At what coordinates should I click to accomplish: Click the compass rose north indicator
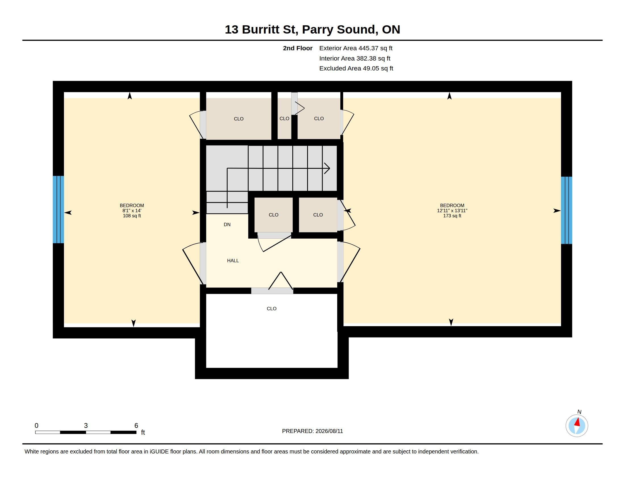coord(577,426)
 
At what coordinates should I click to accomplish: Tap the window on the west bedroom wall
coord(58,209)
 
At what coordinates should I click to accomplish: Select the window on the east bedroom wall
coord(566,210)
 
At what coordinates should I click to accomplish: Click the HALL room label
coord(233,261)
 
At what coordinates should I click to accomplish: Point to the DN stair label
coord(227,225)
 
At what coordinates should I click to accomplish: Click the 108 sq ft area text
coord(132,216)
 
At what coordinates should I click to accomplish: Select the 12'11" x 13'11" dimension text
coord(452,211)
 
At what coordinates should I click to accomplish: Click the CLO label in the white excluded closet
coord(272,309)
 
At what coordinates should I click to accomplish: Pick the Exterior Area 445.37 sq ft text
coord(356,48)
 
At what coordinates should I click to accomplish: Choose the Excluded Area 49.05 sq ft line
coord(356,68)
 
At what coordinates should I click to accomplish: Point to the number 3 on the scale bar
coord(86,426)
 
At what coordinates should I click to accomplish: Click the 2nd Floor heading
coord(298,48)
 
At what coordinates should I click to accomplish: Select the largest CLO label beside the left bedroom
coord(239,119)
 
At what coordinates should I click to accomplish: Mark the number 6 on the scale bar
coord(136,426)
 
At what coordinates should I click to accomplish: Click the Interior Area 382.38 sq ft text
coord(355,58)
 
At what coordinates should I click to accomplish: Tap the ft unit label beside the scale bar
coord(143,432)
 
